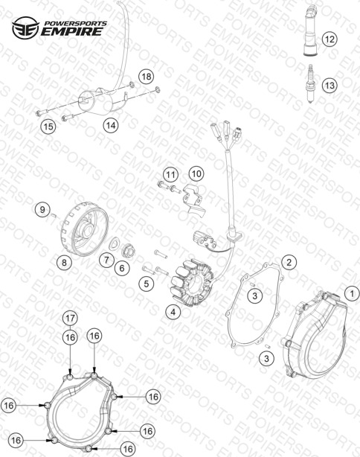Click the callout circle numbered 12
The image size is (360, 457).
coord(330,39)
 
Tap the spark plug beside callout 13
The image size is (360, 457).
coord(310,84)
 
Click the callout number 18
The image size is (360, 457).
coord(147,77)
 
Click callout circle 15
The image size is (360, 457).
coord(48,127)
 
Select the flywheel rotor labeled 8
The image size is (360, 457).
coord(85,230)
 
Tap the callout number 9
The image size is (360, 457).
coord(42,210)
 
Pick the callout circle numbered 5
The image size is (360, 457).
coord(147,284)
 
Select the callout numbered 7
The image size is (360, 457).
coord(106,259)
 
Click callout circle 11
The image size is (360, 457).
coord(170,175)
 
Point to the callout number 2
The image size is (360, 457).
coord(289,262)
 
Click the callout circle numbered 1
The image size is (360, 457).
coord(352,293)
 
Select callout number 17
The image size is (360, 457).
coord(70,319)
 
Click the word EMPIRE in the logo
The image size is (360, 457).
coord(71,31)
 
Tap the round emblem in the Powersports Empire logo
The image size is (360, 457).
coord(25,28)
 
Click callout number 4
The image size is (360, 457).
coord(173,312)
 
